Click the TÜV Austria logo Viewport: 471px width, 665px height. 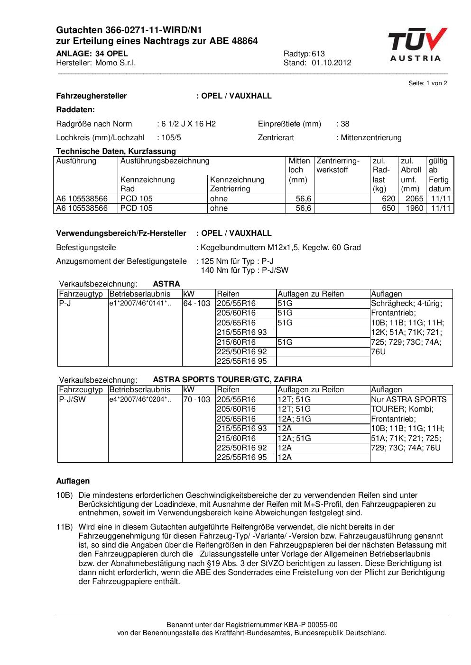pos(417,45)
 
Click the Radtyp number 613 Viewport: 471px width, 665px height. pos(318,54)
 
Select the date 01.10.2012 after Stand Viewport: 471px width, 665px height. pos(331,63)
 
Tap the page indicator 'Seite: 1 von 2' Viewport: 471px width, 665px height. pos(427,83)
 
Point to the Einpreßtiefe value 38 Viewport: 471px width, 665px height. pos(345,124)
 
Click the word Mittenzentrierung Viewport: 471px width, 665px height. pos(371,137)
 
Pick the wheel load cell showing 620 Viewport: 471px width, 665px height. pos(388,198)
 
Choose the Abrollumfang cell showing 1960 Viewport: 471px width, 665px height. pos(414,208)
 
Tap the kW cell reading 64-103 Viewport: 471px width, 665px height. pos(196,303)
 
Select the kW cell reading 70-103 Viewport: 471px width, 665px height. pos(196,399)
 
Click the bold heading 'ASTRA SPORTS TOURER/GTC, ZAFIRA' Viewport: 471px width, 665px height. pos(227,379)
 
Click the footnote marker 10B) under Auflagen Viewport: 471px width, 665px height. pos(65,495)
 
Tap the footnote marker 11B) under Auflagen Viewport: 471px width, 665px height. pos(65,527)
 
